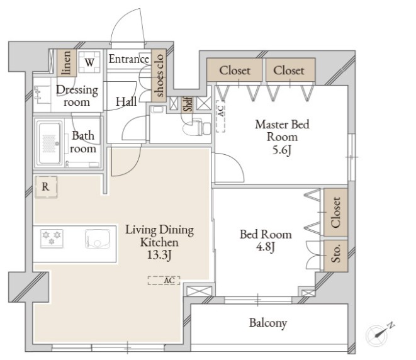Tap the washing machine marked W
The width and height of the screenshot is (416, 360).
(x=89, y=62)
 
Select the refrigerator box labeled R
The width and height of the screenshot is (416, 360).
(x=46, y=187)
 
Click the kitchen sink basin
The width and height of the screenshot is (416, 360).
(x=98, y=239)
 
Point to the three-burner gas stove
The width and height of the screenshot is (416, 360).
(x=52, y=239)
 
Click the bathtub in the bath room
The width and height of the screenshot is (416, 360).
(x=49, y=143)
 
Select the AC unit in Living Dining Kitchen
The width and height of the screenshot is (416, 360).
(x=164, y=281)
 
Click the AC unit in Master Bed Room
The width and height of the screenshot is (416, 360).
(x=220, y=116)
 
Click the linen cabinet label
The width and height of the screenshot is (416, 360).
(x=67, y=62)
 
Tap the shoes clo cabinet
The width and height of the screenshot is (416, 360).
(x=159, y=76)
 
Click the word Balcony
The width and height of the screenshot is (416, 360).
(x=268, y=323)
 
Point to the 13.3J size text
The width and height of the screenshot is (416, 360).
(x=159, y=255)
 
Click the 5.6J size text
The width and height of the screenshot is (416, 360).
(x=282, y=150)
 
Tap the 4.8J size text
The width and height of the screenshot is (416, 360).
(x=266, y=247)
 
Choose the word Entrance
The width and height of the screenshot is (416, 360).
(x=129, y=59)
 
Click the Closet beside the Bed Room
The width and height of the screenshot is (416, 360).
(x=335, y=212)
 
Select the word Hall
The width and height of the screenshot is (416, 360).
(x=126, y=101)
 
